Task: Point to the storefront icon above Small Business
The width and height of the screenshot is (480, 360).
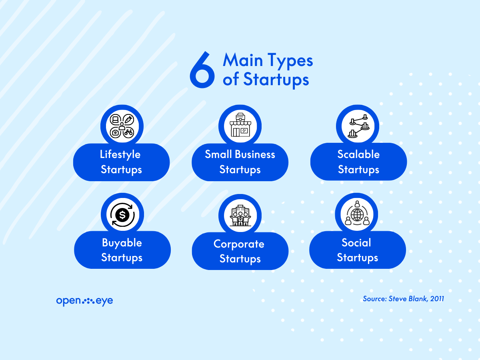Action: (240, 125)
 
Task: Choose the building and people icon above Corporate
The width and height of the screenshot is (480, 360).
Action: (240, 216)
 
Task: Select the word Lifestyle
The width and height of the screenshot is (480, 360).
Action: (120, 154)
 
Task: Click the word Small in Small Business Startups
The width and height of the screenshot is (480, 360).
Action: (218, 154)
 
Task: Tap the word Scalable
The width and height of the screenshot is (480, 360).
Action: (358, 154)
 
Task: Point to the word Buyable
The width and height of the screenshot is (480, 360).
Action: (122, 243)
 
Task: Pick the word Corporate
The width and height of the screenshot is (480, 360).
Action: (239, 244)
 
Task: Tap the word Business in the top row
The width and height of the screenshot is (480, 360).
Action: (255, 154)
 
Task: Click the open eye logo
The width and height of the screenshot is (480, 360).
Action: (84, 301)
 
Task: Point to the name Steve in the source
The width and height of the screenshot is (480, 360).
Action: (397, 299)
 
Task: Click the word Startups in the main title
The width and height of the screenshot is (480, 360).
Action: (276, 79)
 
